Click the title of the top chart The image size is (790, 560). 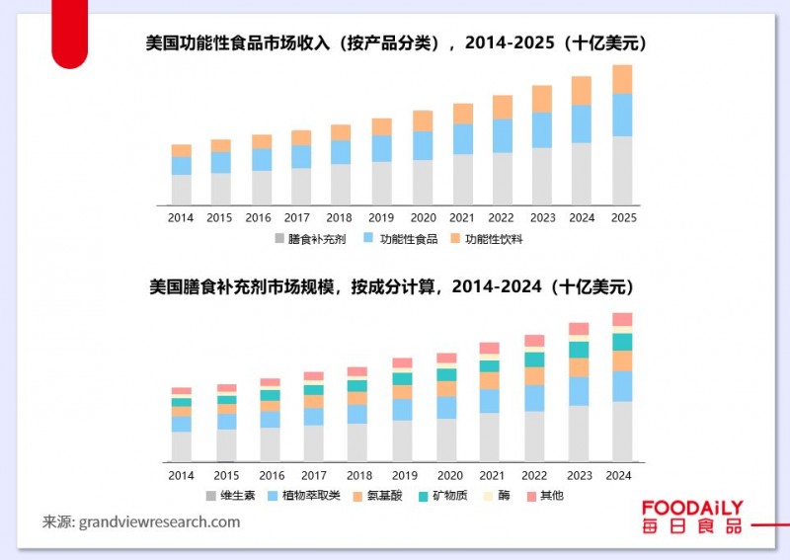pos(394,43)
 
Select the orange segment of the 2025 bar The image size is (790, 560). pos(622,79)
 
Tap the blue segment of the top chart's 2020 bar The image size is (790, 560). pos(423,145)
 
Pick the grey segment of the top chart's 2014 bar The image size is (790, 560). pos(182,189)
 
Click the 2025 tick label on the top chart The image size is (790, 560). pos(623,217)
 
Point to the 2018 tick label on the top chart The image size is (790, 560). pos(340,217)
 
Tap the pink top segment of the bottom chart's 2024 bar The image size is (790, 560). pos(622,319)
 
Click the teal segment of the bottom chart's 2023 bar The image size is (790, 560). pos(579,350)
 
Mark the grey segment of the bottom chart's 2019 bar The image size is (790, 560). pos(402,440)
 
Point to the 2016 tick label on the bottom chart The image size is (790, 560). pos(270,476)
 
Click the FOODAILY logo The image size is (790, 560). pos(691,517)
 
